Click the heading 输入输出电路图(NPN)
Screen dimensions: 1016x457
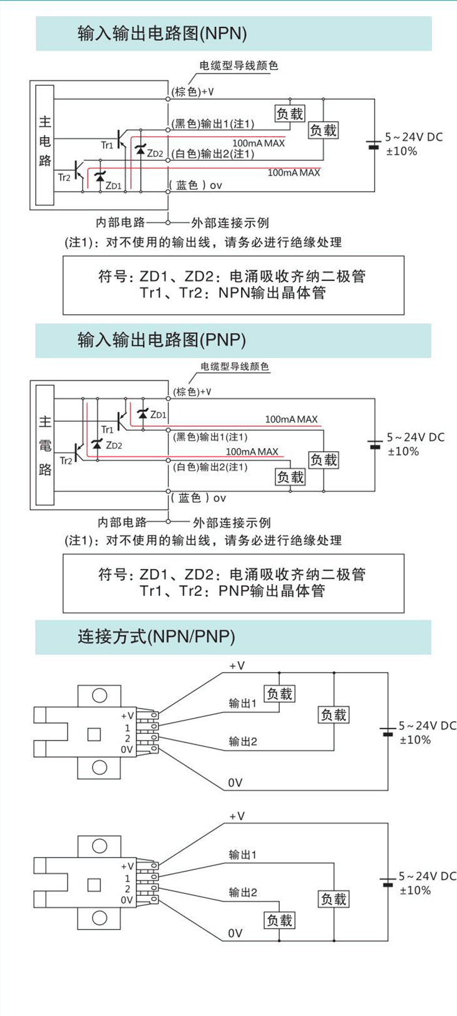162,34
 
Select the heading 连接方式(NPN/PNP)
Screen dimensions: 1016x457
157,637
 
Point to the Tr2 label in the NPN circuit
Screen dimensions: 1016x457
64,177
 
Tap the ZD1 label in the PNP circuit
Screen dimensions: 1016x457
158,414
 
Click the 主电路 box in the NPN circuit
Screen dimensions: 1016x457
45,145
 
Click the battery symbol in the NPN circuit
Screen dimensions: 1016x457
374,145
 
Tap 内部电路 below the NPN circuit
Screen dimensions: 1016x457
120,222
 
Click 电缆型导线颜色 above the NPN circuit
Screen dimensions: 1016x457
239,66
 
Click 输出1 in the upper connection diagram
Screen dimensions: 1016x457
242,704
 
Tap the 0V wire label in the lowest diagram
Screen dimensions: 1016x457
235,933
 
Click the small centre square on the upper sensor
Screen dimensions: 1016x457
94,734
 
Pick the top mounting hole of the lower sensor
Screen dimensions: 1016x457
100,846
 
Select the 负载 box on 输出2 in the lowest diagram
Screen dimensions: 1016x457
279,920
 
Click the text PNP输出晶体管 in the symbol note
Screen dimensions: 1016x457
272,591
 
